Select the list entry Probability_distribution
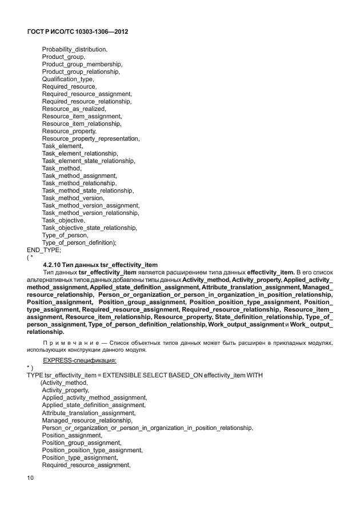tap(74, 50)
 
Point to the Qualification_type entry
tap(69, 79)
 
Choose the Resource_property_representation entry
tap(91, 138)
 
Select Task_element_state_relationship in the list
tap(89, 161)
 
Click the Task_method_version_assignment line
tap(90, 205)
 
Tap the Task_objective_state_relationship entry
tap(89, 228)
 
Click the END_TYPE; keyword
tap(43, 250)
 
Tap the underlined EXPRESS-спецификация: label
tap(79, 361)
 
